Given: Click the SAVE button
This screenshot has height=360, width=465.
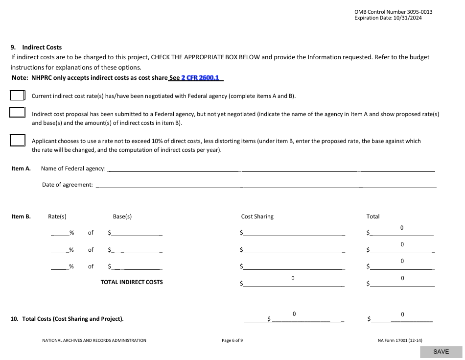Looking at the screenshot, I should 441,352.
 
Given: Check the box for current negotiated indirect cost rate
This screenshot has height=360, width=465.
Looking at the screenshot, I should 17,96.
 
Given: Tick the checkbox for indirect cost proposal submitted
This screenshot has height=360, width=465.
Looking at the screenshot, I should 17,113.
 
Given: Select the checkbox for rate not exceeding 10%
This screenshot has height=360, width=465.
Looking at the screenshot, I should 17,141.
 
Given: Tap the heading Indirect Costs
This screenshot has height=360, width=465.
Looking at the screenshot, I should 42,48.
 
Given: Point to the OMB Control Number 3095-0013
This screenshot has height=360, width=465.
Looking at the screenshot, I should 393,12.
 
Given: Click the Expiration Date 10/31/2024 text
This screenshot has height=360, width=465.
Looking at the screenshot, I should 388,18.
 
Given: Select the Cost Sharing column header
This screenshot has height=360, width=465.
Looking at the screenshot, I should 257,216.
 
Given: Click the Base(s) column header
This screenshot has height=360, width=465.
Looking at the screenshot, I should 122,216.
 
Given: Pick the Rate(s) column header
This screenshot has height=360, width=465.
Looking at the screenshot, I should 57,216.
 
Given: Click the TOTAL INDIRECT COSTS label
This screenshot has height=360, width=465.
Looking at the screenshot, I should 132,282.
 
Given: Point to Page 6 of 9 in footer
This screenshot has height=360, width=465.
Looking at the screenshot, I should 232,340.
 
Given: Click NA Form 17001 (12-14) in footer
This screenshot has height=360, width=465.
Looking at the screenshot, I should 397,340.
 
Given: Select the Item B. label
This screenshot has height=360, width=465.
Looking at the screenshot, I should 21,216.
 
